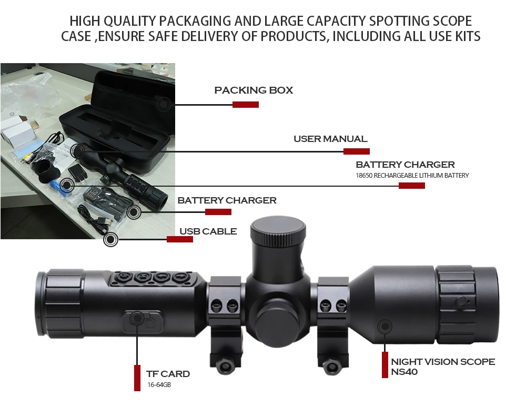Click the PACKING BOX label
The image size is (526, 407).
tap(254, 90)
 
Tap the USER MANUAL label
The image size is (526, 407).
tap(330, 139)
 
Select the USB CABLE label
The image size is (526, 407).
tap(208, 231)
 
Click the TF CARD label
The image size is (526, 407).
tap(168, 374)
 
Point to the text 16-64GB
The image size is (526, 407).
tap(159, 385)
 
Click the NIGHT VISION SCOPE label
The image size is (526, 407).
tap(443, 362)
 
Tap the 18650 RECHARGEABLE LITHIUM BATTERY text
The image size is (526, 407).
tap(412, 175)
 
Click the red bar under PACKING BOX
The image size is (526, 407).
tap(246, 105)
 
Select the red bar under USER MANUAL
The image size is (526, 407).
tap(357, 151)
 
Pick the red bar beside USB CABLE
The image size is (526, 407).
tap(180, 239)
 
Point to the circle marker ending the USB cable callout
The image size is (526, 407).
tap(110, 240)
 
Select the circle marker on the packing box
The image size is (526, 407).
tap(165, 104)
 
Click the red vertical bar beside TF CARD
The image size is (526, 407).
tap(137, 378)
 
